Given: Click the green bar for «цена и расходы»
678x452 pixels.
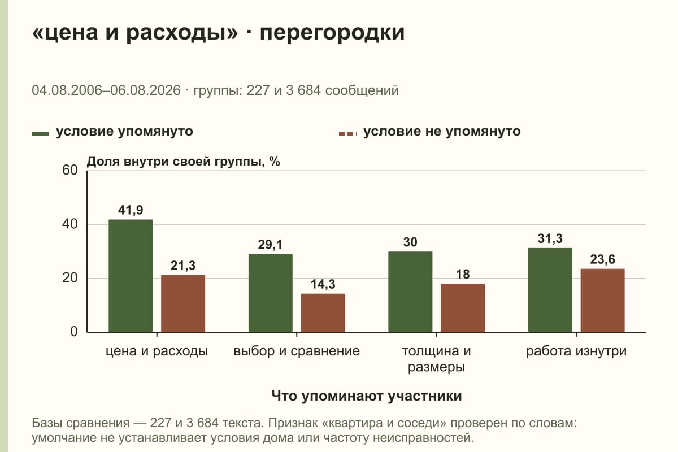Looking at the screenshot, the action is (x=131, y=276).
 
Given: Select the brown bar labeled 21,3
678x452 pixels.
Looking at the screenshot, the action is (x=183, y=303).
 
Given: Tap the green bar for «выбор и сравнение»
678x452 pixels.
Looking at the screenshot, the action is (x=270, y=293).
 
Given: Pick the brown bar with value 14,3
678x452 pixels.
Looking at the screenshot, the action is (x=323, y=313).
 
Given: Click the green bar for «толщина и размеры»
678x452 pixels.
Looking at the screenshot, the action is (x=410, y=292).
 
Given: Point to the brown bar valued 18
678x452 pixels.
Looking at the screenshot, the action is (x=463, y=308).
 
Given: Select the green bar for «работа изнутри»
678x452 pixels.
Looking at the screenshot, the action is (x=550, y=290).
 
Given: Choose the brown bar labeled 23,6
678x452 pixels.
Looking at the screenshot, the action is (x=602, y=301).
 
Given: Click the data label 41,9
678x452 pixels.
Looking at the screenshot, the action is (x=131, y=210).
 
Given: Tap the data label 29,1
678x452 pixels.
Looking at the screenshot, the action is (x=270, y=245).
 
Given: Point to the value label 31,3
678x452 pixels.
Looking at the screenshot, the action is (x=550, y=238).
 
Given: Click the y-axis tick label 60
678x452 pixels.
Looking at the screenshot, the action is (x=70, y=170).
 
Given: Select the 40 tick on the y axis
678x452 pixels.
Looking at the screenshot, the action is (x=70, y=224).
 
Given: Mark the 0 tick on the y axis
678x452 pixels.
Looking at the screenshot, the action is (x=74, y=332).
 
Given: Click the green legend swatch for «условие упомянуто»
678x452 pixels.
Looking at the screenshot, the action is (x=40, y=134).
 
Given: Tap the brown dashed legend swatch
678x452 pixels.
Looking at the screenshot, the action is (x=348, y=134).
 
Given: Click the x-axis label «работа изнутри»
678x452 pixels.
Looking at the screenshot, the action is (x=576, y=351).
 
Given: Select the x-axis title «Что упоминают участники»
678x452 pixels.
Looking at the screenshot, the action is (x=367, y=395).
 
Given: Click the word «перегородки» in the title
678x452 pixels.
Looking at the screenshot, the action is (x=332, y=32).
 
